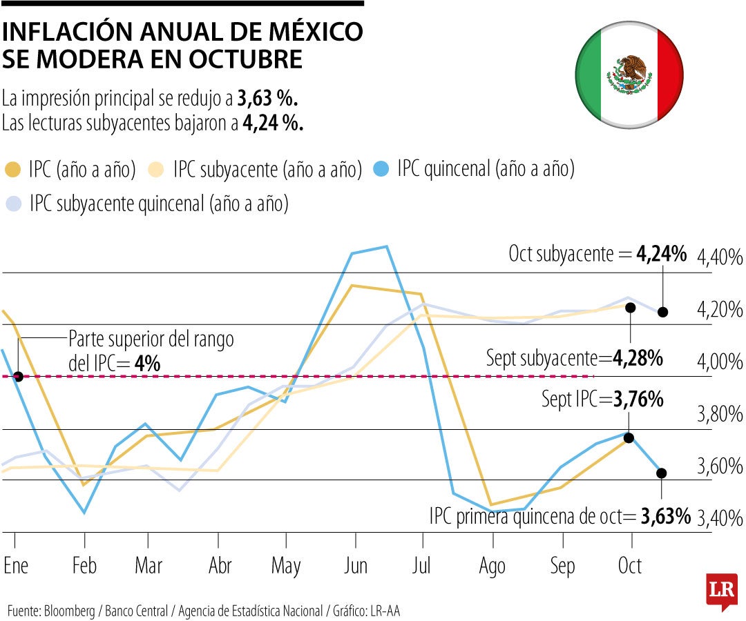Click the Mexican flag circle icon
point(629,75)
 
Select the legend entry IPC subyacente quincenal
point(158,204)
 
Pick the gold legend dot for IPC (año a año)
point(13,169)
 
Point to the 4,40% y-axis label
point(719,259)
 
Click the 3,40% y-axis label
point(719,517)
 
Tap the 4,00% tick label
point(719,362)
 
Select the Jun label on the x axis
point(356,566)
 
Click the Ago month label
point(491,566)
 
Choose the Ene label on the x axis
point(16,566)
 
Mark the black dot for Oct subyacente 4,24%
point(663,312)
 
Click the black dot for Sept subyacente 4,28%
point(630,307)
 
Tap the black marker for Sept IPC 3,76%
point(629,437)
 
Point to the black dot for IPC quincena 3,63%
point(662,473)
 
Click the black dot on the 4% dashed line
point(18,377)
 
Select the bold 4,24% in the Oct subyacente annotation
point(661,254)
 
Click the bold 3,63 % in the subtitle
point(267,99)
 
